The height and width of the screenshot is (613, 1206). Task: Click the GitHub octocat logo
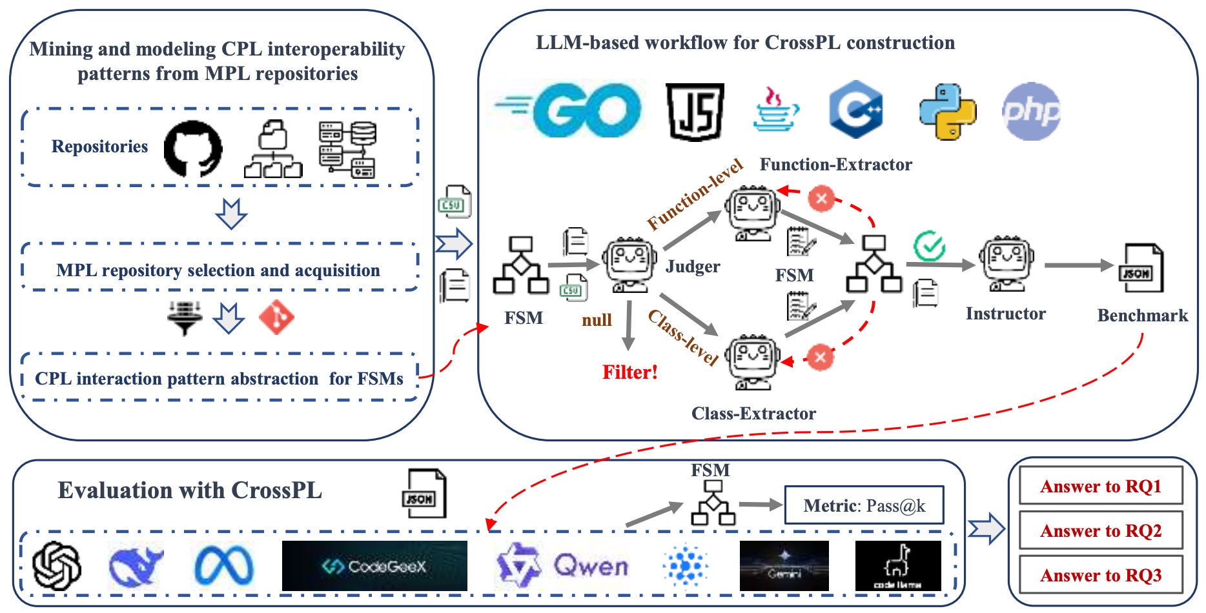(192, 148)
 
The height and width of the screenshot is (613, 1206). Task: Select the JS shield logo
(695, 112)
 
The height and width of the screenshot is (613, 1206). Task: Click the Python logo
(947, 112)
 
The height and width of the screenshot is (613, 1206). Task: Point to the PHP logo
(1030, 112)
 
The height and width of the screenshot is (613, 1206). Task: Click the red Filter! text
(629, 372)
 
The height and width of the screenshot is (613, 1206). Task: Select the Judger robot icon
(629, 265)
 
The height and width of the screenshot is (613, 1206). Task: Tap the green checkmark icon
(929, 246)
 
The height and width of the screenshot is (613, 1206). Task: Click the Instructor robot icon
(1006, 263)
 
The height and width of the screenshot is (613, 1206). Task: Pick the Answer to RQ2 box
(1100, 531)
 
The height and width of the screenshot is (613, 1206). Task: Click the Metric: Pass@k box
(864, 505)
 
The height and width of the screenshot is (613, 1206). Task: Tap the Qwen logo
(562, 566)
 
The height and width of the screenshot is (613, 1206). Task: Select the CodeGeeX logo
(374, 566)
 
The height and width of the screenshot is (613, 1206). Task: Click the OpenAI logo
(57, 566)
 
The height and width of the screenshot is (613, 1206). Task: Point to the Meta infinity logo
(223, 566)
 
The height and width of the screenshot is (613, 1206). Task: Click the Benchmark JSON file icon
(1140, 268)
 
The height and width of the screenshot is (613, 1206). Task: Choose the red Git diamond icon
(276, 317)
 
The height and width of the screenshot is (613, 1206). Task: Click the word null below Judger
(597, 320)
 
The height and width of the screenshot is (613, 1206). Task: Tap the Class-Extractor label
(753, 414)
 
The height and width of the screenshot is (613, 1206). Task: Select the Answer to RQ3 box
(1100, 575)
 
